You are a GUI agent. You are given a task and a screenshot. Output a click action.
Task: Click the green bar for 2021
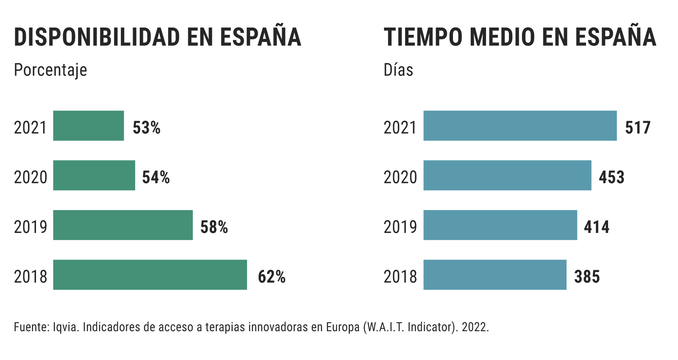tap(89, 126)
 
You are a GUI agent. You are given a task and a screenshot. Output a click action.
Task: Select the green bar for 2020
tap(94, 175)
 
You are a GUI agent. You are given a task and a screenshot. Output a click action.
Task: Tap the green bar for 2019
tap(123, 225)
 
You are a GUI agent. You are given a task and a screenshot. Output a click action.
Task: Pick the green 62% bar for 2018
tap(150, 275)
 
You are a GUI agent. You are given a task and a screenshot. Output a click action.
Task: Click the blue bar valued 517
tap(520, 126)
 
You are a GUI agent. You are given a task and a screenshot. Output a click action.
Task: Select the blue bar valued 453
tap(507, 175)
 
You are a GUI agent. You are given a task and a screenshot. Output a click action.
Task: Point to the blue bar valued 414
tap(500, 225)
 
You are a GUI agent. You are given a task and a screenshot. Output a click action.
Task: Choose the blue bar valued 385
tap(495, 275)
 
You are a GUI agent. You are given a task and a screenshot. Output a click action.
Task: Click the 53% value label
tap(147, 128)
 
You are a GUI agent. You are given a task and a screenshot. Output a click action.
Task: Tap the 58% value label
tap(214, 227)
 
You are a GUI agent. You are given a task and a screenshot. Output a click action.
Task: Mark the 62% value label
tap(272, 277)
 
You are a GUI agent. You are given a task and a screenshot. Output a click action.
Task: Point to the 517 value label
tap(638, 128)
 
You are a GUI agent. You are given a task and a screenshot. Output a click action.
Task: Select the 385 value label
tap(587, 277)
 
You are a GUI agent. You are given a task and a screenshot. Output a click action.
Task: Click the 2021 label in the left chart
tap(30, 128)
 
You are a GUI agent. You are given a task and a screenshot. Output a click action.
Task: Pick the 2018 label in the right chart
tap(400, 277)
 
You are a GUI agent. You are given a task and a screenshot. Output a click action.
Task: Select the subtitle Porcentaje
tap(50, 70)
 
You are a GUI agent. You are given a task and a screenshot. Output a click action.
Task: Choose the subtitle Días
tap(398, 70)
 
